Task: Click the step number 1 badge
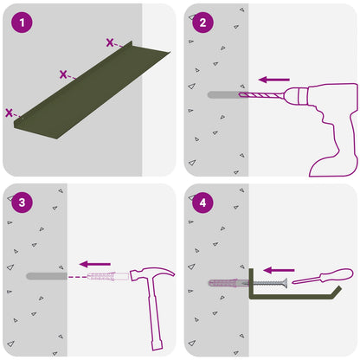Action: (22, 22)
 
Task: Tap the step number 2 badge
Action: (202, 22)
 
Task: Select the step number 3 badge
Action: (22, 202)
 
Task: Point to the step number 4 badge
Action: (202, 202)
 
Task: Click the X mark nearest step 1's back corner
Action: (110, 42)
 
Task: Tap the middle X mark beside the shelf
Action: (63, 74)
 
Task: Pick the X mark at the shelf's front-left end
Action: (9, 112)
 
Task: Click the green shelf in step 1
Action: (93, 89)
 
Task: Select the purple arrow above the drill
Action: (274, 80)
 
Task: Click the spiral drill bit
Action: (261, 95)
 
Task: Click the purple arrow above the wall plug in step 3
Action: (95, 264)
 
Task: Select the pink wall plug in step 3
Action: (108, 276)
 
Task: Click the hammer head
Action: (151, 274)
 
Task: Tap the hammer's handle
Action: (155, 314)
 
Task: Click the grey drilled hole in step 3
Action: (47, 276)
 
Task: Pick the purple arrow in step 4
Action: (279, 270)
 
